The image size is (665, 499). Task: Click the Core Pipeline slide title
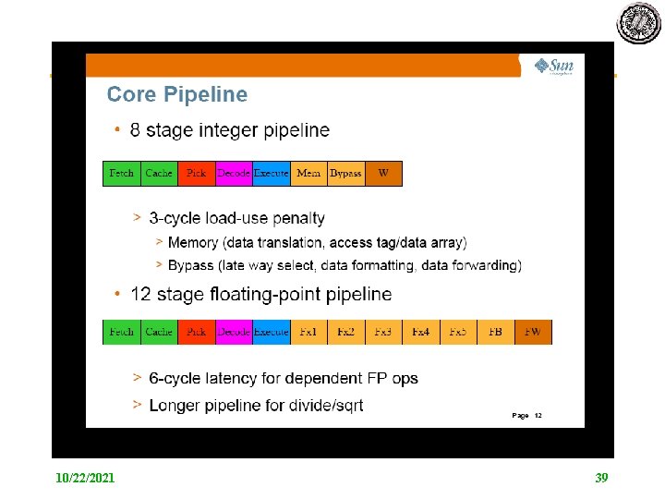coord(177,94)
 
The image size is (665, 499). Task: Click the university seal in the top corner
coord(638,22)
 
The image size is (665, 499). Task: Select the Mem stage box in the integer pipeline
coord(308,173)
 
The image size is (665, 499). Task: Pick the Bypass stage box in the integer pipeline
coord(346,173)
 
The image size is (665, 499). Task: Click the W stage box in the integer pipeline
coord(383,173)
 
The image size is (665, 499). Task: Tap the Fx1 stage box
coord(308,332)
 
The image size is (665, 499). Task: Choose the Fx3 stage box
coord(383,332)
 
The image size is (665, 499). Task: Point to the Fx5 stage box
coord(458,332)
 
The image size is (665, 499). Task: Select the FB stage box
coord(496,332)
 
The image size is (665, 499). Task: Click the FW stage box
coord(533,332)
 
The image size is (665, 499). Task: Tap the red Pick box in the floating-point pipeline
coord(196,332)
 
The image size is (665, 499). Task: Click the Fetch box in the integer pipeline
coord(121,173)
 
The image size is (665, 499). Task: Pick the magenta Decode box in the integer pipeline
coord(234,173)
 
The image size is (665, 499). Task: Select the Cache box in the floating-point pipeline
coord(159,332)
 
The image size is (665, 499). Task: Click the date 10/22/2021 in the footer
coord(85,478)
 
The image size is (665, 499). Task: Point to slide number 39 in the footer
coord(601,478)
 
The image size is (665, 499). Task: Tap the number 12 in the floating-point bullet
coord(140,295)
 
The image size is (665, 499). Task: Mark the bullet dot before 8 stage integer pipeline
coord(116,131)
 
